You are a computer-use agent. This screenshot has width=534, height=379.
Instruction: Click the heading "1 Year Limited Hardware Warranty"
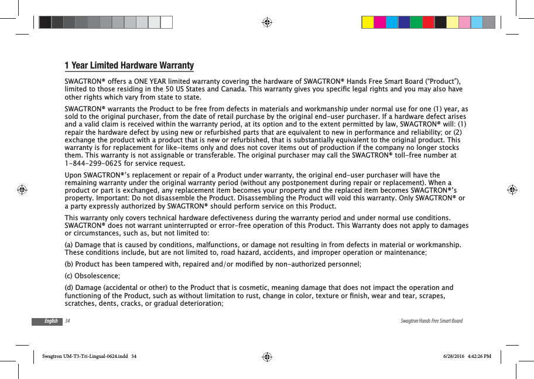(x=129, y=65)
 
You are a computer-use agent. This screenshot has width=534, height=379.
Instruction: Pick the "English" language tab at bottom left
(x=51, y=321)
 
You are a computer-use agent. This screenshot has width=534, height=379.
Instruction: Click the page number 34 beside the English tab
(x=68, y=321)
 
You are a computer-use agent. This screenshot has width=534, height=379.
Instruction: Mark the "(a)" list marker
(x=69, y=244)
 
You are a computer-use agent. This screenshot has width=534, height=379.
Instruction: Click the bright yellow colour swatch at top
(x=368, y=22)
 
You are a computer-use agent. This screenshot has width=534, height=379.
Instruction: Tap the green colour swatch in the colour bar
(x=416, y=22)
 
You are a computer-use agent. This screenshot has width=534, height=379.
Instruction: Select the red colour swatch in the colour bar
(x=429, y=22)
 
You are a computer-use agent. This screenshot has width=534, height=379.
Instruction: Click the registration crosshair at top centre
(x=267, y=22)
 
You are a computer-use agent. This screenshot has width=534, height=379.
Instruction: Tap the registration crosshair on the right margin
(x=511, y=190)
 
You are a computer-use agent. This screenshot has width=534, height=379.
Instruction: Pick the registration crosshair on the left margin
(x=22, y=190)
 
